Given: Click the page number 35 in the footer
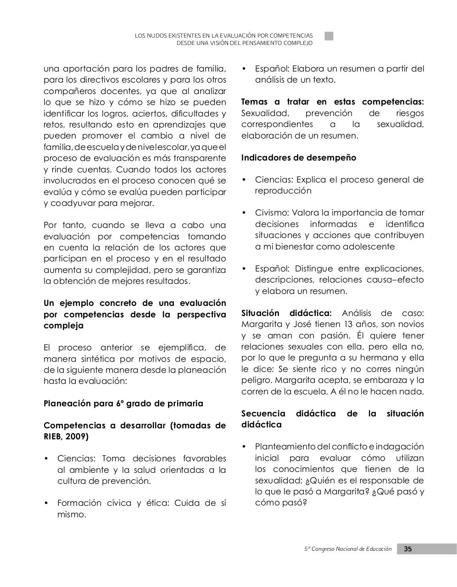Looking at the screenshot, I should click(407, 549).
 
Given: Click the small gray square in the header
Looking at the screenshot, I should click(329, 36).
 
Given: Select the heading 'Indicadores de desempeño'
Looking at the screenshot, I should click(299, 158).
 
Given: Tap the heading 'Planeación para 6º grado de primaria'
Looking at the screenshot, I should click(123, 404).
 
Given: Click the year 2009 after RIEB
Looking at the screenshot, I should click(77, 437).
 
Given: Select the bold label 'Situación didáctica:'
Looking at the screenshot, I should click(286, 313).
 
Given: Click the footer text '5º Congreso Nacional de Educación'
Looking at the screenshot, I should click(348, 549).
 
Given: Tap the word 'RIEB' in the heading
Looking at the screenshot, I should click(53, 437).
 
